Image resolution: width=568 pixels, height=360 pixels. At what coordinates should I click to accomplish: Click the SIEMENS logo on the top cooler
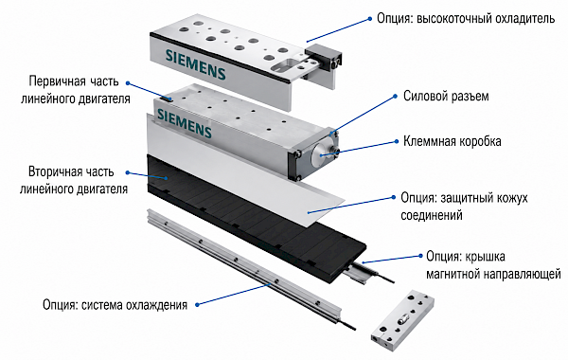[x=196, y=64]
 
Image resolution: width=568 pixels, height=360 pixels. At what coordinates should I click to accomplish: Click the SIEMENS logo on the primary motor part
[x=185, y=123]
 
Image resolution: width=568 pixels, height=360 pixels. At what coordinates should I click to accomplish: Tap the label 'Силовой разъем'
[x=446, y=96]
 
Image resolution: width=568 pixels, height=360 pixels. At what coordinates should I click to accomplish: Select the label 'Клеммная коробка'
[x=453, y=141]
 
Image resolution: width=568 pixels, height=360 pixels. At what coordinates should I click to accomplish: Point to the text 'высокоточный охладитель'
[x=486, y=19]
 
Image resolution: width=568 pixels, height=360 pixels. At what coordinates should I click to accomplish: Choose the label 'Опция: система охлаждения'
[x=115, y=304]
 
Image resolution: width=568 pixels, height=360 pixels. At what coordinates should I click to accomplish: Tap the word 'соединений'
[x=432, y=215]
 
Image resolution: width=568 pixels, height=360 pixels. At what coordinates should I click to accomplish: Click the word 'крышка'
[x=486, y=257]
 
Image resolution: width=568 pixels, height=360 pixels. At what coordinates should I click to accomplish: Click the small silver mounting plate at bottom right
[x=402, y=320]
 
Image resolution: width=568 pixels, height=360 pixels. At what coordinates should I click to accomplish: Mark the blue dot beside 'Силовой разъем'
[x=396, y=97]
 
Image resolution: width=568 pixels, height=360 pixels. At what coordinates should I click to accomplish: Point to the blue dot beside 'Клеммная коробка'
[x=396, y=142]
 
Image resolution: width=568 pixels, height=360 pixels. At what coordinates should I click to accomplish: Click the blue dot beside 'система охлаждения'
[x=197, y=304]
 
